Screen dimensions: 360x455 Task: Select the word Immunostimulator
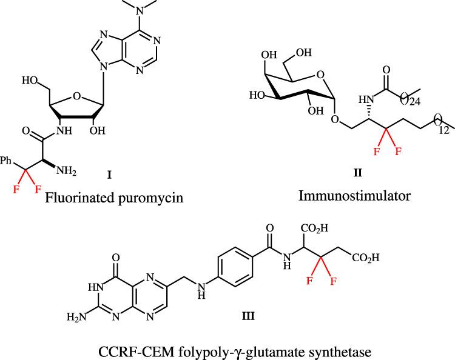(359, 195)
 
